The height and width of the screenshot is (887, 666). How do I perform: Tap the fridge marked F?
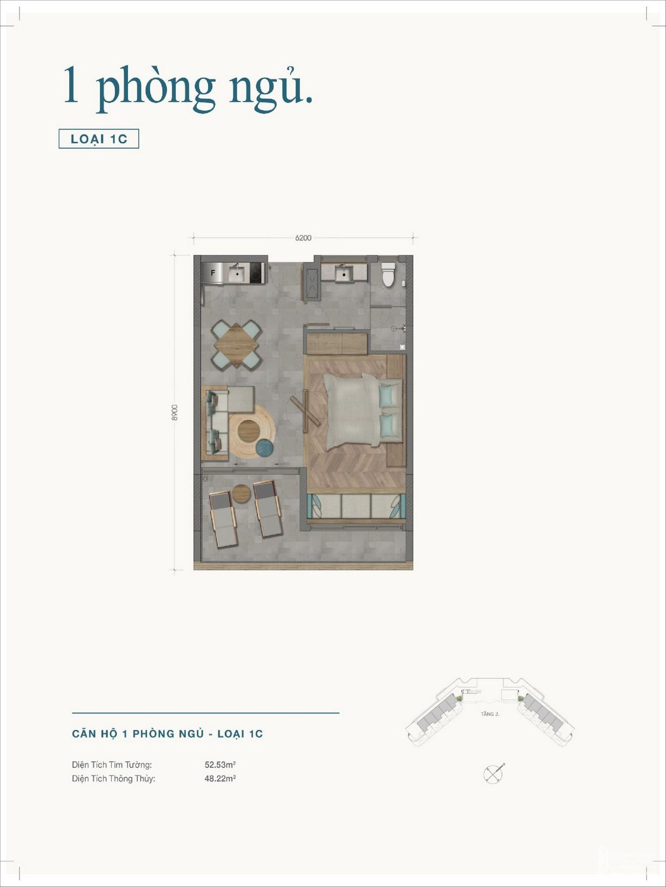(213, 273)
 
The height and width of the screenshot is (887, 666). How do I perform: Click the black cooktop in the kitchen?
(257, 273)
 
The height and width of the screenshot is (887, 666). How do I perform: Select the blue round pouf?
(264, 448)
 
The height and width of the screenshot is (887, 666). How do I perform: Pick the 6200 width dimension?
(303, 238)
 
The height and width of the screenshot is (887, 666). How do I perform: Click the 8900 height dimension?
(175, 413)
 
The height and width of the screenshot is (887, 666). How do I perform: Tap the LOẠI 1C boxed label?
(99, 139)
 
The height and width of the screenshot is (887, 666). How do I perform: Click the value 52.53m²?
(220, 765)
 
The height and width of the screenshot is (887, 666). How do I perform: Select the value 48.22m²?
(220, 778)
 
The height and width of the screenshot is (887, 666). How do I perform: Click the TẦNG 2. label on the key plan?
(490, 714)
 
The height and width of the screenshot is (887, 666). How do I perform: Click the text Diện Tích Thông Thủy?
(113, 779)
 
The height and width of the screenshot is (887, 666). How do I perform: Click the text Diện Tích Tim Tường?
(112, 765)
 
